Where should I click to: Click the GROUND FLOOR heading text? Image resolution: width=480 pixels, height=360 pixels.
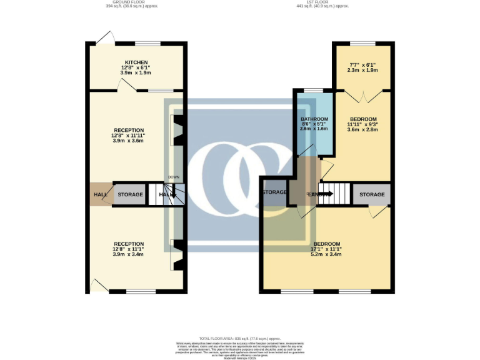coord(136,2)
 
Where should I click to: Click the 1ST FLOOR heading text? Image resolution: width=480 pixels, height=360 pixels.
coord(322,2)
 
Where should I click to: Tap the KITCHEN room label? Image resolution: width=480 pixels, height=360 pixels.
coord(136,62)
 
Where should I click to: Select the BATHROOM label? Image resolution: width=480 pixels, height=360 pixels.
coord(314,119)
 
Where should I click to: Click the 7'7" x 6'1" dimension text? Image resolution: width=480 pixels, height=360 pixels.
coord(362,64)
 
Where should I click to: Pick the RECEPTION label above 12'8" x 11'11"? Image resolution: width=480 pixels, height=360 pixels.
coord(128,130)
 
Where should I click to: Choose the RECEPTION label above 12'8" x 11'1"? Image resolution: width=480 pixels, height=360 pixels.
coord(128,244)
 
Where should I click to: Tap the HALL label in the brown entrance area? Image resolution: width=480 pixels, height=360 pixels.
coord(100,194)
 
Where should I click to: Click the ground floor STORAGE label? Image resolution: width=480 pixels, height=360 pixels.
coord(131,194)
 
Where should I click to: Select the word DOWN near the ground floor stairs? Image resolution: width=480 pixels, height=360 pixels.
coord(173,177)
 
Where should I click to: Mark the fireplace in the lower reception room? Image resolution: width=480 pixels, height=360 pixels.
coord(177,254)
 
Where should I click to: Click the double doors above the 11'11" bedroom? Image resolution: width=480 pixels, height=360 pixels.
coord(362,96)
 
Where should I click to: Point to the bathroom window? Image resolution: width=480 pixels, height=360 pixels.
coord(313,91)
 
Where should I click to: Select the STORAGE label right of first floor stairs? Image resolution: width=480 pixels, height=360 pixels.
coord(371,194)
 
